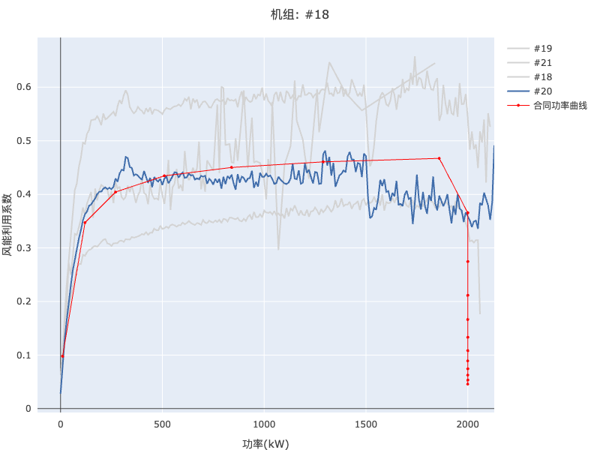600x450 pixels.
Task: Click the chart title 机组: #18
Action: point(300,14)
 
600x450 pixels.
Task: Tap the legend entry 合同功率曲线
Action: point(559,106)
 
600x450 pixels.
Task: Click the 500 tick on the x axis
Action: point(162,424)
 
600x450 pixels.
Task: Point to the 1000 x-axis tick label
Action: point(264,424)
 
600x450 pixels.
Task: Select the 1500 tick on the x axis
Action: point(366,424)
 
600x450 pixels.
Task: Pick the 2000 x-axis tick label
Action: point(467,424)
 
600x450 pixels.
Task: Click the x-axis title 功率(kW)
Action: point(265,443)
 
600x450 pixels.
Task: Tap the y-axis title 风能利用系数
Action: point(7,224)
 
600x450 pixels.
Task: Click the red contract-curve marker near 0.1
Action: point(62,356)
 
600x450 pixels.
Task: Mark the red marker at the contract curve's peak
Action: point(439,158)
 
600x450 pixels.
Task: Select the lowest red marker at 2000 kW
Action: point(467,384)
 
